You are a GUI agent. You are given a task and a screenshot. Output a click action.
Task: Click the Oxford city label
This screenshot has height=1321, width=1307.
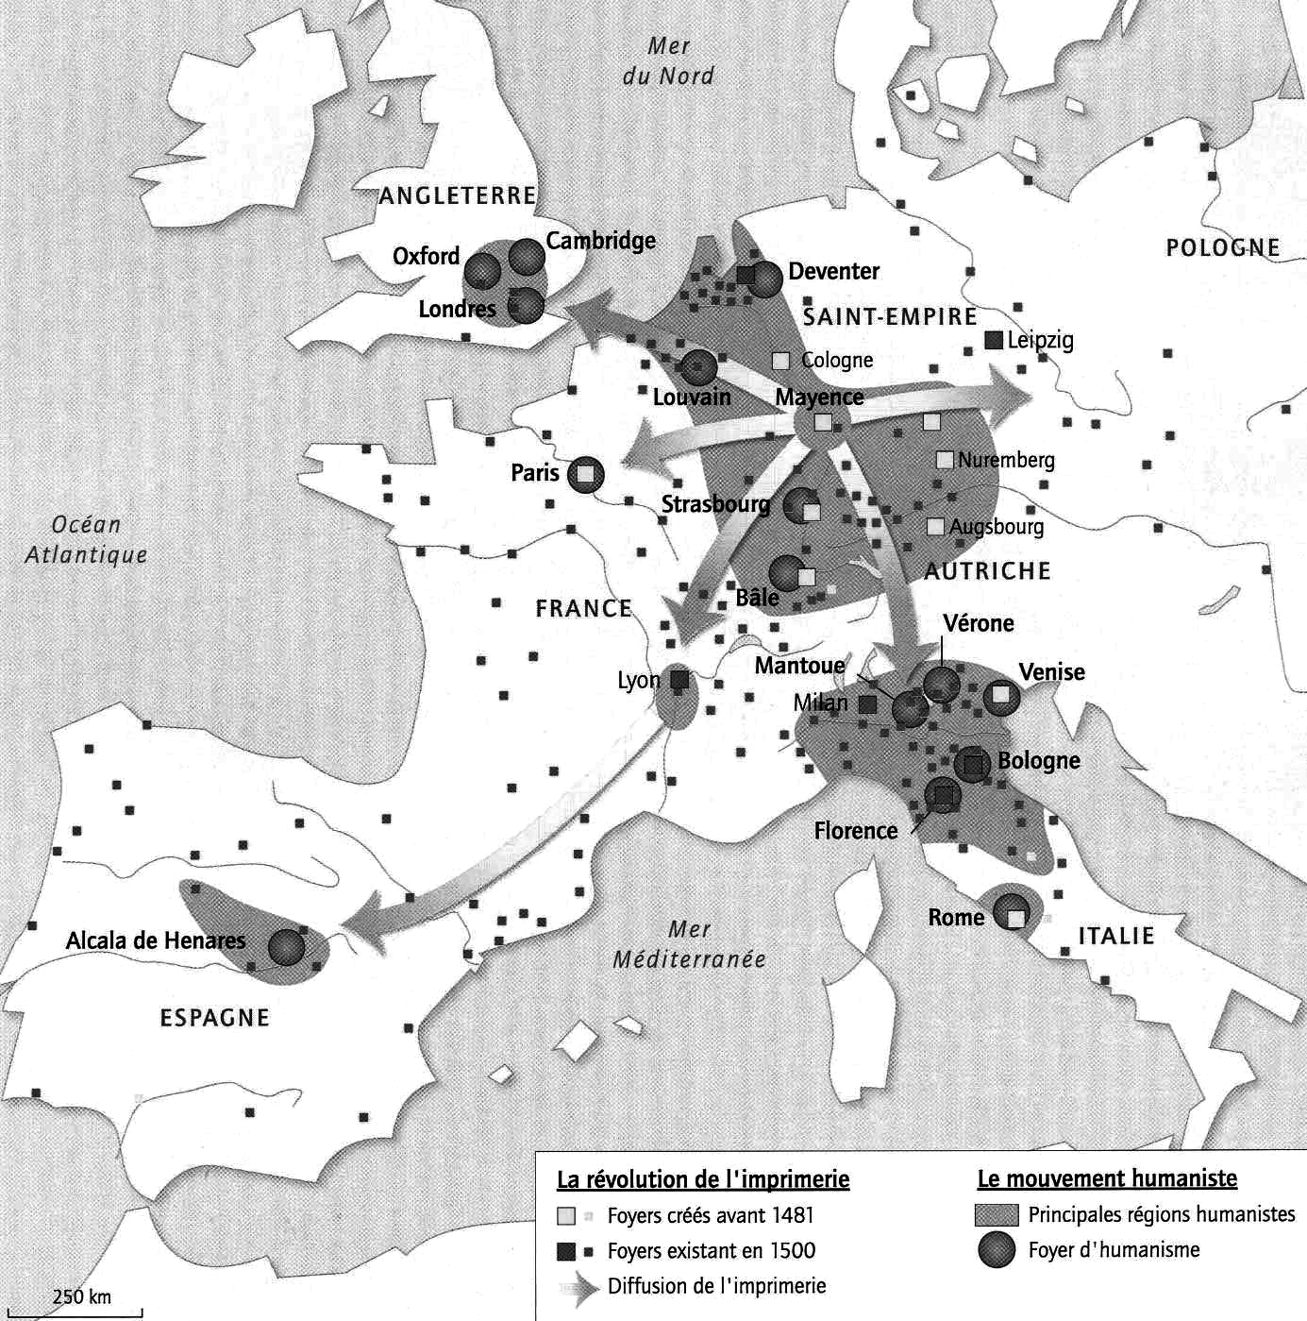[426, 257]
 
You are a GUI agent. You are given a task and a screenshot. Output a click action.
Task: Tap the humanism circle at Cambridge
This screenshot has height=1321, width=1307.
[527, 256]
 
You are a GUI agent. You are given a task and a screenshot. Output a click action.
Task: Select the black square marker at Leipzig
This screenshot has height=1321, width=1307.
[993, 340]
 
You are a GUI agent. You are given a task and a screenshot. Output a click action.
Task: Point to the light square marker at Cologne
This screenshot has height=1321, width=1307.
[780, 360]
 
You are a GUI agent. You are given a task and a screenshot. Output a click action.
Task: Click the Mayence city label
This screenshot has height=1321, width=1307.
[819, 398]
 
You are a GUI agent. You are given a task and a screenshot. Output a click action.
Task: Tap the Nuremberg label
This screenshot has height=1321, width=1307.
[1006, 461]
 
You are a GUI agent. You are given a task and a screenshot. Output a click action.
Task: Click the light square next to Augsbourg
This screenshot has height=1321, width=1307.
[935, 527]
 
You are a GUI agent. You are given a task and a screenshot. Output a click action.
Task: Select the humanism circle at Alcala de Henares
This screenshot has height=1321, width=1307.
[287, 946]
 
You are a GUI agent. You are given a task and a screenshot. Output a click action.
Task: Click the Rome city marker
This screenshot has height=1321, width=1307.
[1012, 913]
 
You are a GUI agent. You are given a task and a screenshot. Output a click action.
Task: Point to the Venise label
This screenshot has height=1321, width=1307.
[1051, 672]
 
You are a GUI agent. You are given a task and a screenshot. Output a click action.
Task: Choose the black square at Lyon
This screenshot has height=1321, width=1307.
[679, 679]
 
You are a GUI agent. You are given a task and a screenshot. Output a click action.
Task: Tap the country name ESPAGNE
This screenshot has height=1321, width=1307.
[215, 1018]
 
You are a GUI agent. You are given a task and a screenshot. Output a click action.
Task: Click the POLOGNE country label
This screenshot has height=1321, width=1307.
[1222, 248]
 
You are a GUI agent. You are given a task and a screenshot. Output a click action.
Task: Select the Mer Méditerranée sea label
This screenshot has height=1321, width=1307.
[690, 944]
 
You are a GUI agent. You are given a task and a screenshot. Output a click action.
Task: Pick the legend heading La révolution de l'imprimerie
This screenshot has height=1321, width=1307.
[703, 1179]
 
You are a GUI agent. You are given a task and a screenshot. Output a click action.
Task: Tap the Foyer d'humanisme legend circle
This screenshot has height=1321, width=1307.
[997, 1250]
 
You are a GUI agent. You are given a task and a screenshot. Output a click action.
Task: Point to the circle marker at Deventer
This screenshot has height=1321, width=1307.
[764, 278]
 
